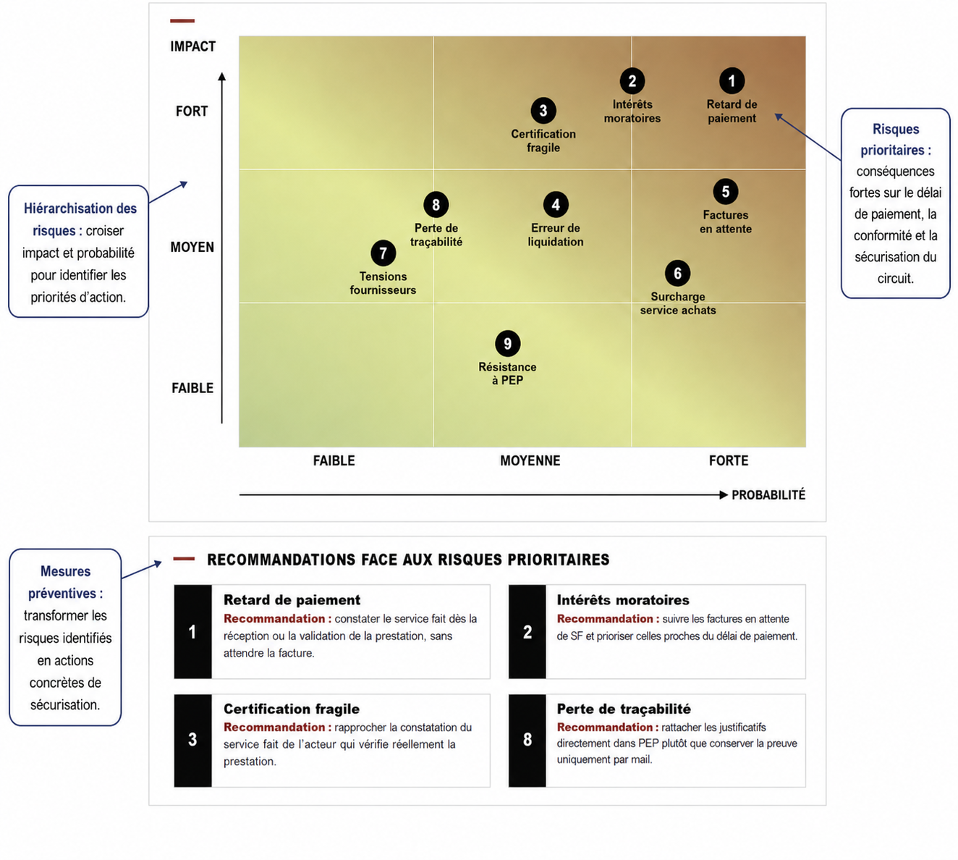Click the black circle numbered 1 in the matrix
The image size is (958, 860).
pos(732,81)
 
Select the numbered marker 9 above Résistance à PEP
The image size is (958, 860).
pos(507,343)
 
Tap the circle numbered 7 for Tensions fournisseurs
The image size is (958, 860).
pos(383,253)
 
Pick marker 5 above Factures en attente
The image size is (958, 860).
pos(725,192)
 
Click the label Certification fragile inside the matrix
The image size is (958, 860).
pos(543,140)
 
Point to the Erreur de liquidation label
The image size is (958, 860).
pos(556,235)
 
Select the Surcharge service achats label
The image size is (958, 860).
pos(677,303)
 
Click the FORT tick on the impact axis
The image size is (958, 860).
pos(192,111)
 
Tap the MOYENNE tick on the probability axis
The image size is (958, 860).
pos(530,460)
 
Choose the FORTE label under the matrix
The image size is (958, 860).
pos(728,460)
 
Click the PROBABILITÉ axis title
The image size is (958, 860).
pos(768,495)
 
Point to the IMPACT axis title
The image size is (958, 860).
pos(193,46)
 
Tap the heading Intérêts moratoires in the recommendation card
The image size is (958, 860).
pos(623,600)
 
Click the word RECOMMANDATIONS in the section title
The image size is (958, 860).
pos(281,560)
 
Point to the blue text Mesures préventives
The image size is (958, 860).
pos(65,582)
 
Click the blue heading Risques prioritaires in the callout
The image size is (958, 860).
pos(896,140)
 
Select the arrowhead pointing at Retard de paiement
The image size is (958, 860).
pos(779,117)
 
